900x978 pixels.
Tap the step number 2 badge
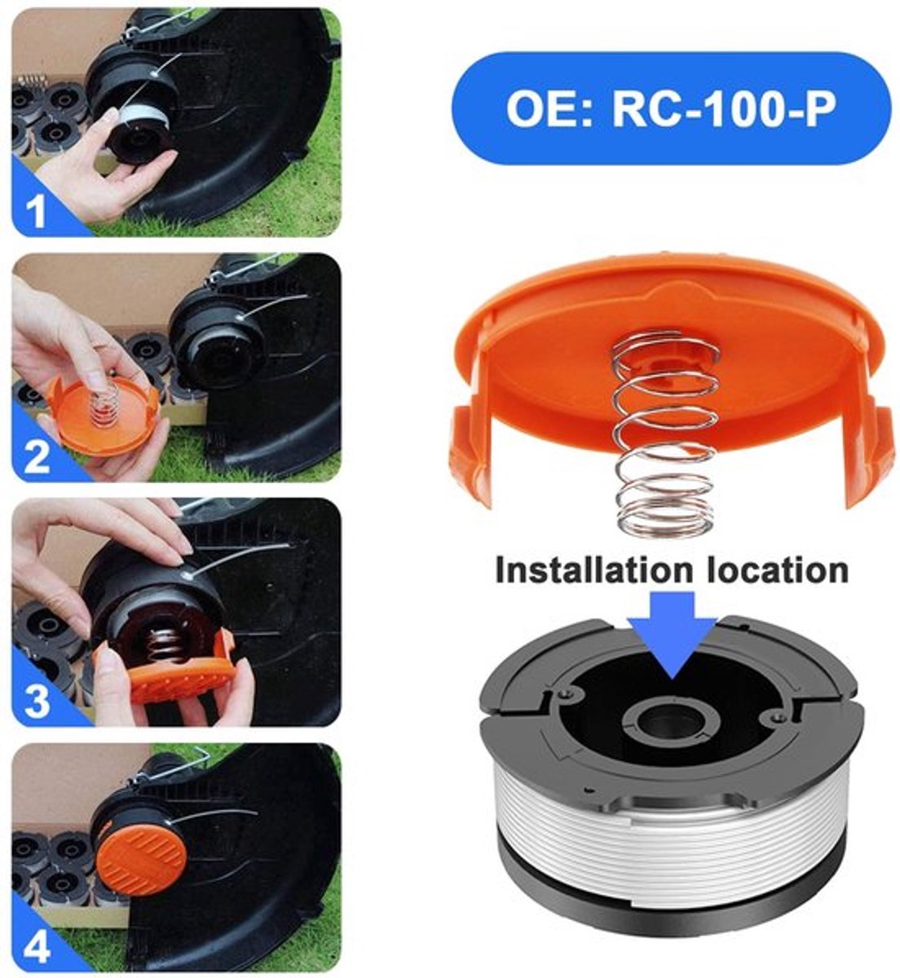coord(37,455)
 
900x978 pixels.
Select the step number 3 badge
coord(37,701)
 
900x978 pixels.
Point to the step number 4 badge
coord(37,946)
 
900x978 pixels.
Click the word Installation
coord(593,570)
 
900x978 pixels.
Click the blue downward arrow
coord(673,635)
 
